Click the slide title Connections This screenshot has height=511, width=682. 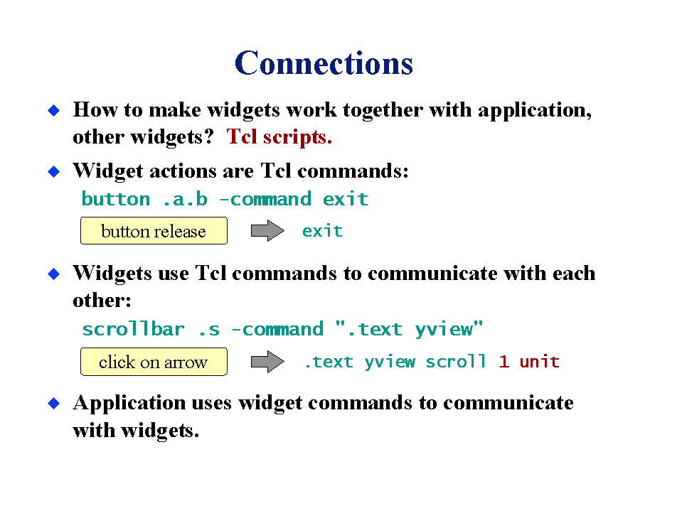324,63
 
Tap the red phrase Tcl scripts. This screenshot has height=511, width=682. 279,137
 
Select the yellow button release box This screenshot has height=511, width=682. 154,231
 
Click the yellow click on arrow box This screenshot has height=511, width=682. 154,362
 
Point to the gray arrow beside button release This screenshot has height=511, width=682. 267,231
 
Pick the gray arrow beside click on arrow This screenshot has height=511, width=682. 267,362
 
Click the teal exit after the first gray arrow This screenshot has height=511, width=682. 322,231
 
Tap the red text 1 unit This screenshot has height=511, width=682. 529,362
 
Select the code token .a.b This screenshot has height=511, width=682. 185,200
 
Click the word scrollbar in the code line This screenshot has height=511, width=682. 133,329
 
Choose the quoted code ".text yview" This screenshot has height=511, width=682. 410,329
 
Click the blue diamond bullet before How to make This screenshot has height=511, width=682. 54,110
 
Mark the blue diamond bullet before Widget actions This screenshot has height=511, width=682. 54,172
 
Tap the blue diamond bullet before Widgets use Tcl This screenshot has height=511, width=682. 54,274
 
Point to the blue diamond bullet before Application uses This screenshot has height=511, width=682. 54,403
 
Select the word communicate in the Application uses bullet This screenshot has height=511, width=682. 508,403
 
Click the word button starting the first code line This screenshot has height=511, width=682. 116,200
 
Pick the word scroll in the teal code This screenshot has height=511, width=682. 455,362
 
